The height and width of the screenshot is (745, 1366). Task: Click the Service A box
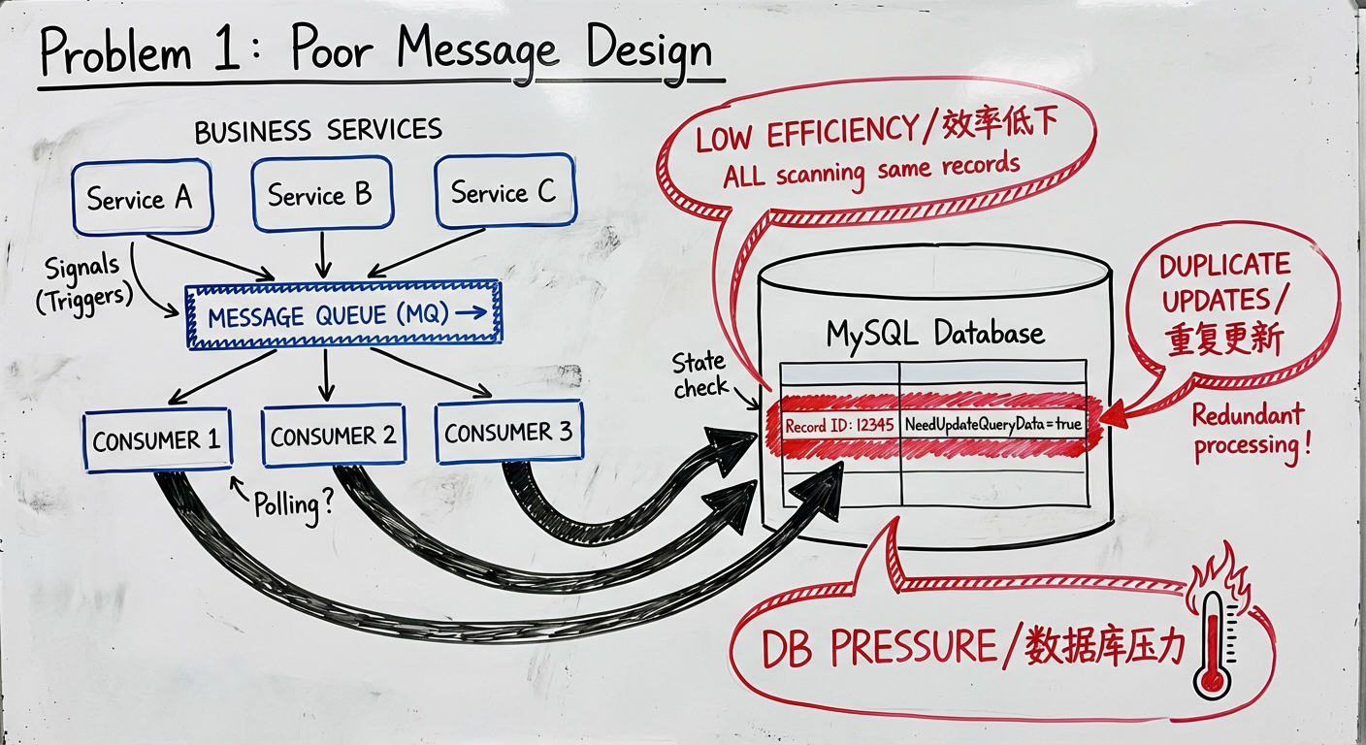coord(142,199)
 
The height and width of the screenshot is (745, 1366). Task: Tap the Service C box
coord(503,193)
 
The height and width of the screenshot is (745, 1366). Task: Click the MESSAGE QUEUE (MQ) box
coord(343,313)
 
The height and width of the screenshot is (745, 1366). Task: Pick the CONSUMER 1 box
coord(156,440)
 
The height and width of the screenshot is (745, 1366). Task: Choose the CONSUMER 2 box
coord(333,437)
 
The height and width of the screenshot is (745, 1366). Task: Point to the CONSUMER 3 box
coord(508,432)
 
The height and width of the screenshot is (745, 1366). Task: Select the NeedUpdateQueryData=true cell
coord(992,424)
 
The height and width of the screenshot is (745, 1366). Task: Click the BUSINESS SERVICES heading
coord(318,131)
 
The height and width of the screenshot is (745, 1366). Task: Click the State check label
coord(700,375)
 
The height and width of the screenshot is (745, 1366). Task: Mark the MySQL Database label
coord(934,334)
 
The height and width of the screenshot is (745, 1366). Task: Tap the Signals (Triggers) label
coord(83,281)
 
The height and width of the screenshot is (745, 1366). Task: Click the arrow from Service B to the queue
coord(321,257)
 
